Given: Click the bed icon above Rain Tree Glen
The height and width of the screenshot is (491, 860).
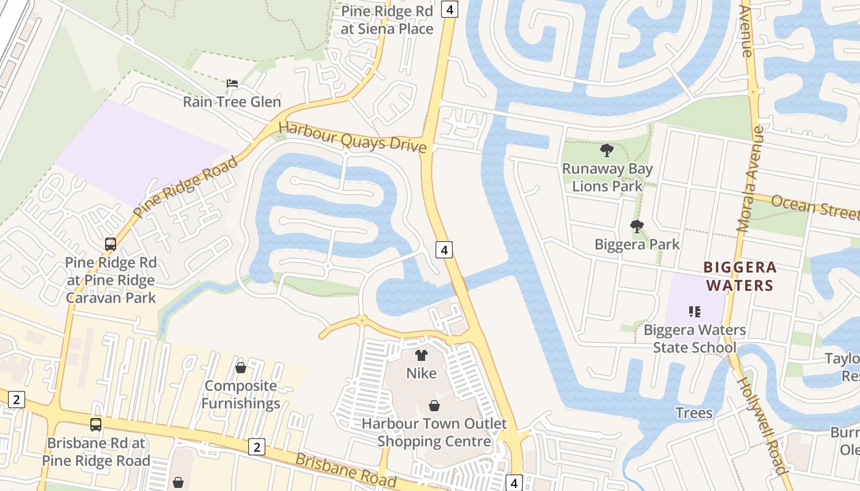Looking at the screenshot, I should pos(232,83).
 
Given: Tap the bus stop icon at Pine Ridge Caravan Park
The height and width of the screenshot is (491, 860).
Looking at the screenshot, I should pos(111,244).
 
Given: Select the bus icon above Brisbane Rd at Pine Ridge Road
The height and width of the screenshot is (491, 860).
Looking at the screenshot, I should pos(96,424).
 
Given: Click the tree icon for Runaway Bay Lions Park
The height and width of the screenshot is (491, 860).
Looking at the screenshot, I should pos(607,150).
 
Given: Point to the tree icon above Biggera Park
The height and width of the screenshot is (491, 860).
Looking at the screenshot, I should pos(637,226).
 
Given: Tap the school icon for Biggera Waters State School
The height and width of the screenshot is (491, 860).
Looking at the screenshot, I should pos(695,312).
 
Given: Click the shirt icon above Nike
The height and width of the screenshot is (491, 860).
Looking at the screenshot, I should pos(421,355).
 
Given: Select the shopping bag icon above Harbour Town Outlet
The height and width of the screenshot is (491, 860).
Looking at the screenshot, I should pos(434,406).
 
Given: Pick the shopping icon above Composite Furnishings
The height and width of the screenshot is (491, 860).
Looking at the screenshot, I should pos(241,368).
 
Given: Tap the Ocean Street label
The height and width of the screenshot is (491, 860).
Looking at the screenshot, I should pos(815,206).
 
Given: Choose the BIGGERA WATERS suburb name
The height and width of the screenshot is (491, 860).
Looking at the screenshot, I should pos(740,276).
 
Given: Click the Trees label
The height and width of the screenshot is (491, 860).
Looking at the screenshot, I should pos(694,412).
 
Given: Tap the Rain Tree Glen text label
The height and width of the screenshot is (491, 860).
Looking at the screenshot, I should pos(232,102).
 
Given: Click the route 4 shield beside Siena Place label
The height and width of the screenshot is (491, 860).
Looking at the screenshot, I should pos(450,9).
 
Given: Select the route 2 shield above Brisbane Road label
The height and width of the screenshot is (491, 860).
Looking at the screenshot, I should pos(257,447).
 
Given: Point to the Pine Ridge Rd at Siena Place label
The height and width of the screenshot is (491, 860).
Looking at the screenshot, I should pos(387,20).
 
